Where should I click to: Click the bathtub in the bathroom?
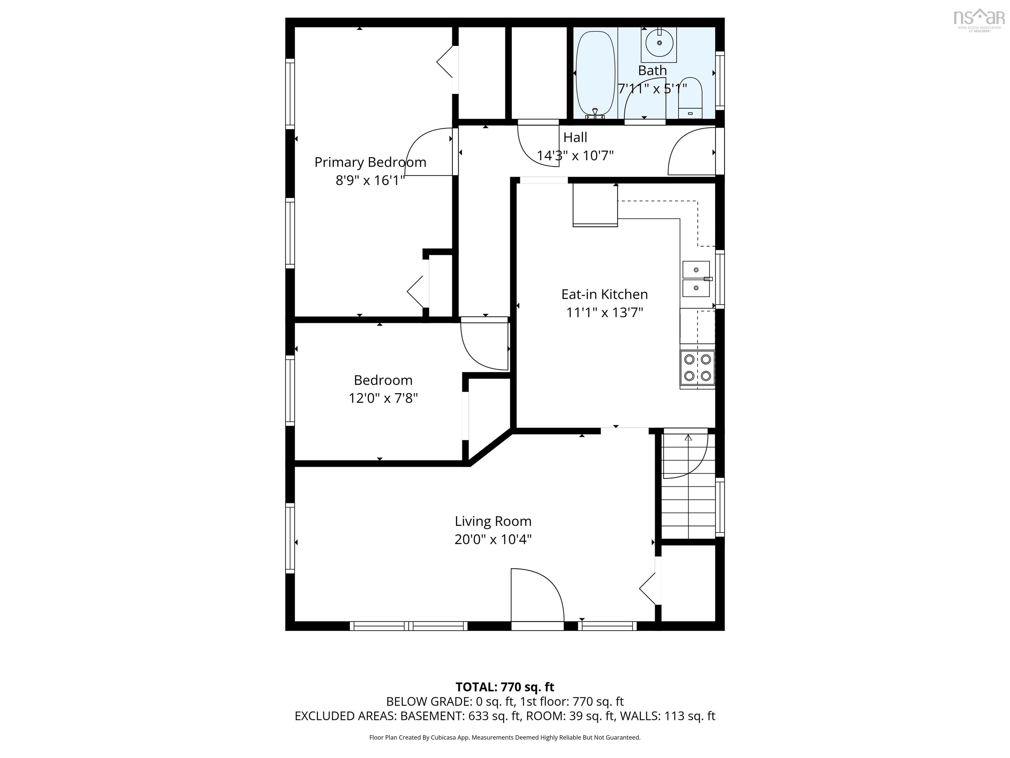point(595,73)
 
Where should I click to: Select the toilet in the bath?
point(690,98)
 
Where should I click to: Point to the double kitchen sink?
point(696,279)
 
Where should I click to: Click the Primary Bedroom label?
point(370,162)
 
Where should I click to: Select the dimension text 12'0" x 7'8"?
point(383,398)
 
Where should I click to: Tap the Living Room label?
point(493,521)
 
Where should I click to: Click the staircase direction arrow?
point(688,438)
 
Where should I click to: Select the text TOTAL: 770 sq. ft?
point(505,687)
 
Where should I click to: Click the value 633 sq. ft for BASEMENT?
point(494,716)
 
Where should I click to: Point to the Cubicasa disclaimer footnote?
point(505,738)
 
